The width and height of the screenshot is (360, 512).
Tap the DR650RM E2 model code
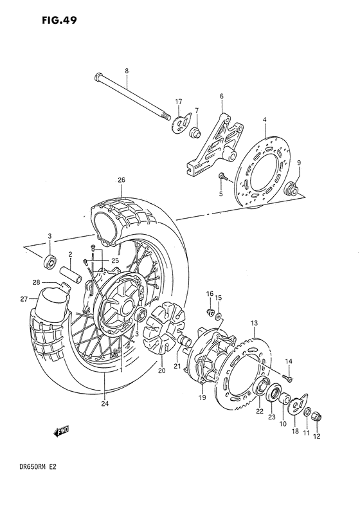(32, 488)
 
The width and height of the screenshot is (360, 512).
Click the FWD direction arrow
(61, 432)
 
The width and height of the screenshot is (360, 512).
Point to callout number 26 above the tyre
(120, 180)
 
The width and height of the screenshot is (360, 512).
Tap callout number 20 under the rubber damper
(161, 370)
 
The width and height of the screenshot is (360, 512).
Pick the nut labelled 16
(209, 313)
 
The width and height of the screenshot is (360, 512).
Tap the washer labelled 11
(307, 411)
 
